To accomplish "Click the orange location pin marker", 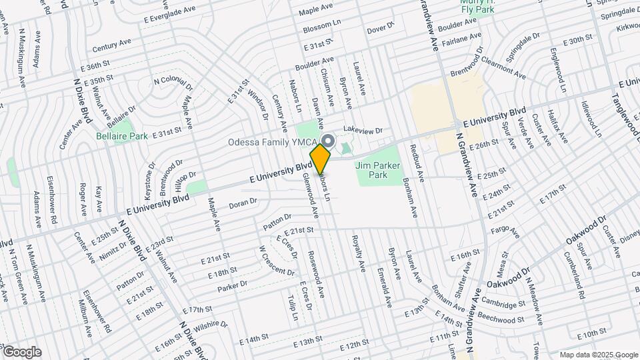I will (321, 158).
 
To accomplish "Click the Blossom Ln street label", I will (322, 29).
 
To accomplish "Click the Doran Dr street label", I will (243, 203).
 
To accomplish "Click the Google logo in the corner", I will (21, 351).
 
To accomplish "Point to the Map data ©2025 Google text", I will (598, 355).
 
